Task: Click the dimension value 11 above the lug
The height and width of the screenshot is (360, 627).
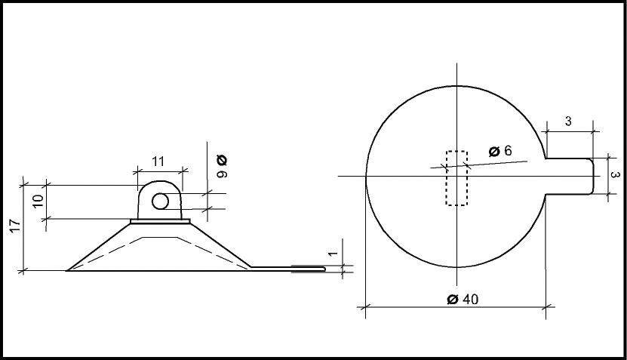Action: tap(158, 161)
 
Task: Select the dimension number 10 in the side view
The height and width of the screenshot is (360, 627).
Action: tap(38, 201)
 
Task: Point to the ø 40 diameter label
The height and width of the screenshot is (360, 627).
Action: tap(462, 299)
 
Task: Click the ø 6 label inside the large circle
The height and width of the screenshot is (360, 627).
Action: tap(499, 151)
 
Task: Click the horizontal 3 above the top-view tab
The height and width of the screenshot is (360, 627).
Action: tap(567, 121)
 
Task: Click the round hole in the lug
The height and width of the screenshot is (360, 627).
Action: tap(160, 202)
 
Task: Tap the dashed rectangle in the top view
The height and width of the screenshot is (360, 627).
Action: tap(457, 178)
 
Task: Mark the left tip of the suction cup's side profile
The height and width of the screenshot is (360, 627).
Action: tap(69, 269)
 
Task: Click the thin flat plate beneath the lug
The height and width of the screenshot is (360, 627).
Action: tap(160, 221)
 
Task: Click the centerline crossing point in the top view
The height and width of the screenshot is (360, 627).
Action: tap(457, 176)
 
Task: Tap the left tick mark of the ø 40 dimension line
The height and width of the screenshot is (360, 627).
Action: tap(366, 306)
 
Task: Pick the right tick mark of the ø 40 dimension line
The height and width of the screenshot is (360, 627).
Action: tap(546, 306)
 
